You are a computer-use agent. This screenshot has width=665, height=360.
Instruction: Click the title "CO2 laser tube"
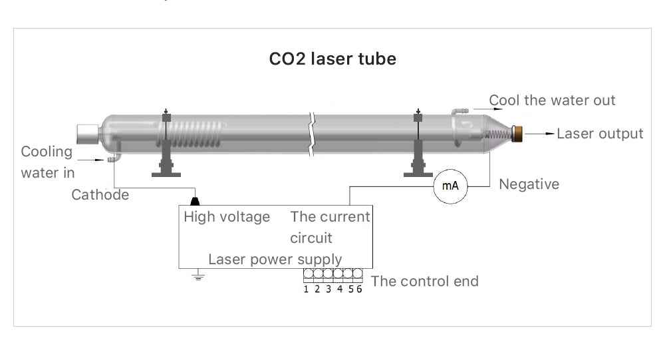[332, 59]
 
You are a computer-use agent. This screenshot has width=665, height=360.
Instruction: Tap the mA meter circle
[450, 186]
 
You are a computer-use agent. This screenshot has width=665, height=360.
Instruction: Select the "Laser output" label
[599, 134]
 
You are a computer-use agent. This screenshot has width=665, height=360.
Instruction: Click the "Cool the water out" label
[552, 100]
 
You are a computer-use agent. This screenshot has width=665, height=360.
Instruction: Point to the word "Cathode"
[100, 195]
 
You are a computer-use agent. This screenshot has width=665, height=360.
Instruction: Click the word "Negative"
[529, 184]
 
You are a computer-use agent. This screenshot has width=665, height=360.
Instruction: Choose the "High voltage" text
[227, 217]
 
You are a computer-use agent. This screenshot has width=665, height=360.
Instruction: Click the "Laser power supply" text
[275, 259]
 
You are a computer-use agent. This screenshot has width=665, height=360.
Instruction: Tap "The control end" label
[424, 281]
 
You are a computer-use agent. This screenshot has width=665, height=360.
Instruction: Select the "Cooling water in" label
[47, 162]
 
